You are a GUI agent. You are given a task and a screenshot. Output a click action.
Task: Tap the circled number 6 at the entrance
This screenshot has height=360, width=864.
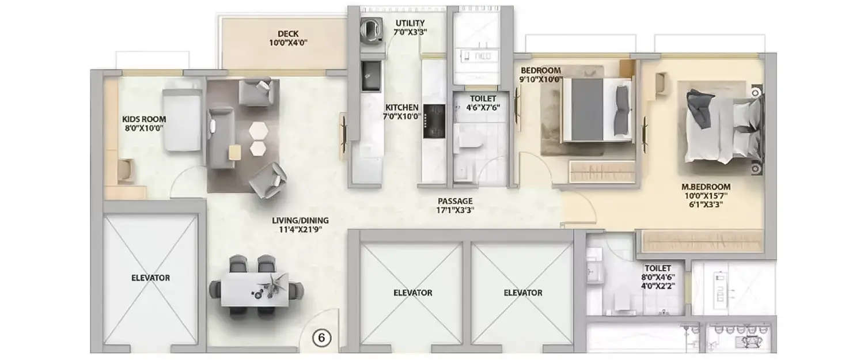click(x=321, y=338)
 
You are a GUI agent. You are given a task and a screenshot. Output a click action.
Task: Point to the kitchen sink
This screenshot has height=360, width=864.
click(x=370, y=75)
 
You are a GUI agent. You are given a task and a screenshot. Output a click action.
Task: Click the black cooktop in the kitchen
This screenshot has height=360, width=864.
click(x=434, y=121)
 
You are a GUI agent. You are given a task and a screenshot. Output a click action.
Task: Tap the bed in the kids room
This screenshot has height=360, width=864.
click(x=182, y=120)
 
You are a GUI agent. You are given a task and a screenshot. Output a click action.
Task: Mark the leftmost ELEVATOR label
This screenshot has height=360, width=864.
click(x=150, y=278)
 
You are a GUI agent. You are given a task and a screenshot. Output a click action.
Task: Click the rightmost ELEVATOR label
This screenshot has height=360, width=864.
click(x=522, y=293)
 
